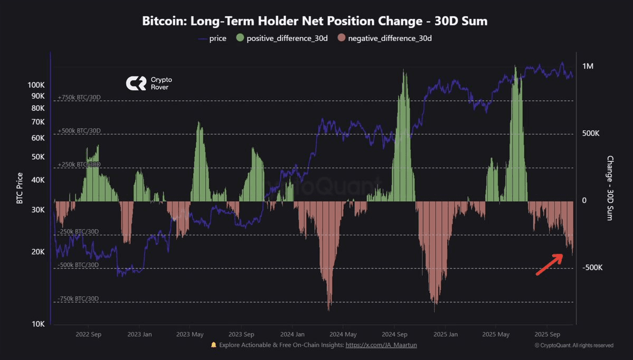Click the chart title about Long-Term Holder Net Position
click(315, 22)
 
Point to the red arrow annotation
click(549, 264)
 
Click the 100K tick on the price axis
click(36, 85)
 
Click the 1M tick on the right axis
click(588, 67)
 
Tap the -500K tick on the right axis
click(592, 268)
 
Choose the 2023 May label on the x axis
click(190, 335)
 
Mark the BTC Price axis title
click(20, 188)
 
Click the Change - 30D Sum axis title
click(610, 188)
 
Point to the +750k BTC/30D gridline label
click(79, 98)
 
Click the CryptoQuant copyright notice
click(574, 346)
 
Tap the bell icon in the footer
click(214, 345)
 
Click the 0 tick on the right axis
click(584, 201)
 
